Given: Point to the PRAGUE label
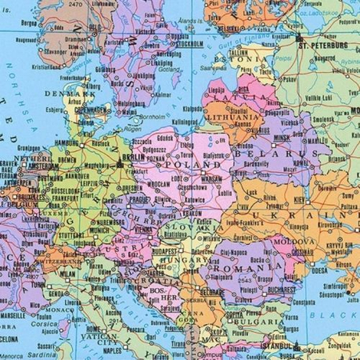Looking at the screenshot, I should [x=138, y=198].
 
